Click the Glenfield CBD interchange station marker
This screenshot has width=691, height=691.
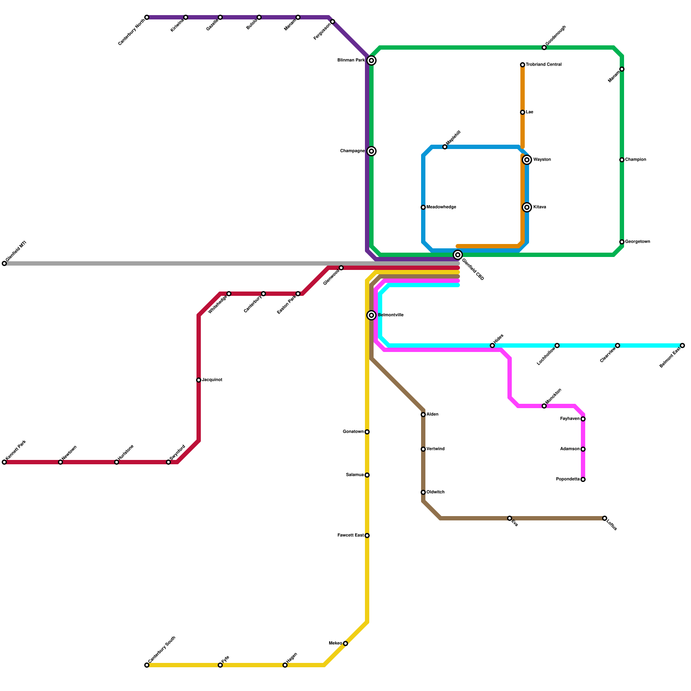458,255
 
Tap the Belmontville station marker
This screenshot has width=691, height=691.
371,315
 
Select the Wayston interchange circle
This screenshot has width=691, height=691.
527,160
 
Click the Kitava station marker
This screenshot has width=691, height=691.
527,207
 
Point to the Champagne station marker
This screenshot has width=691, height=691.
371,151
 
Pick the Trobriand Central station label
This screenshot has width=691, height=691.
544,65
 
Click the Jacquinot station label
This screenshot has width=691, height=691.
212,380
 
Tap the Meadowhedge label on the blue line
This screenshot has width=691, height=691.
441,207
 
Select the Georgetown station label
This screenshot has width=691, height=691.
637,242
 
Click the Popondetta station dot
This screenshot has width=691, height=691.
583,479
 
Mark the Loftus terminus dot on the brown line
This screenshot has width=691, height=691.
605,518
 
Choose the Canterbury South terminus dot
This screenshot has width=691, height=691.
147,665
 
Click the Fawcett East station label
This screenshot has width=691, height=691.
350,536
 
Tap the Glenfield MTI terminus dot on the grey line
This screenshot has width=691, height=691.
4,263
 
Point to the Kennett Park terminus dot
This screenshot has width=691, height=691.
4,462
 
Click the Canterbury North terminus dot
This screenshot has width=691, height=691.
147,17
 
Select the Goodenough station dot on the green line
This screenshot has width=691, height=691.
544,48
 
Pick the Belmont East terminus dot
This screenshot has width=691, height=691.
682,345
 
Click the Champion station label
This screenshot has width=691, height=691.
636,160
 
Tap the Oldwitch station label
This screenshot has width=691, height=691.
435,492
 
